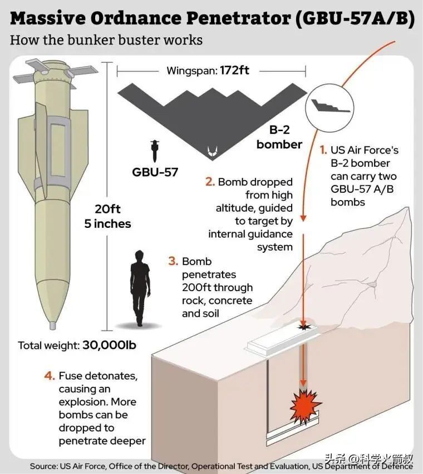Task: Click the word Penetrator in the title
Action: pos(239,18)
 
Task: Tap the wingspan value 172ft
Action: pos(234,71)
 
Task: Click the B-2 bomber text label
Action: pos(279,137)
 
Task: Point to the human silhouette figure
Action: pos(140,288)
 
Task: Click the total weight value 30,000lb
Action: pos(109,345)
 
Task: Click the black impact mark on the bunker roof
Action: pos(304,326)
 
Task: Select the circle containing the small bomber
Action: pos(329,108)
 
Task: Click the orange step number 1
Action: pos(323,150)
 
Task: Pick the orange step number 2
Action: pos(210,182)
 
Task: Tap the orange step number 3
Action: pos(173,261)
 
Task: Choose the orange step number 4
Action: pos(50,376)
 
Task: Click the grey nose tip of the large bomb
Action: pos(53,325)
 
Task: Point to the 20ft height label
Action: pos(108,209)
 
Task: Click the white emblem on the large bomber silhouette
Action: pos(212,151)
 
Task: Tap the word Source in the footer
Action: pos(43,466)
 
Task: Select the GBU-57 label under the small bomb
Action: pos(155,172)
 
